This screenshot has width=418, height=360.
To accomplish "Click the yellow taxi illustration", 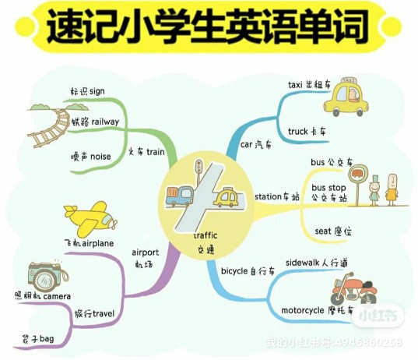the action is [346, 97].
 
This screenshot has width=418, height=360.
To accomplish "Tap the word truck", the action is [298, 132].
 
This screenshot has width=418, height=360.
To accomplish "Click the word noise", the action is [100, 157].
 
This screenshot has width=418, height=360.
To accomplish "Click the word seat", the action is [322, 231].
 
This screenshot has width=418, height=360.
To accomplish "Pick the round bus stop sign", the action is [358, 174].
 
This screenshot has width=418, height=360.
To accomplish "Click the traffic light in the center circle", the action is [198, 166].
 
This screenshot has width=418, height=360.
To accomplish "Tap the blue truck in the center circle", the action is [179, 196].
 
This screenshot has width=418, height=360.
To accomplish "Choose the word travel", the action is [103, 313].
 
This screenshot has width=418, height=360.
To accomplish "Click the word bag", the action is [47, 339].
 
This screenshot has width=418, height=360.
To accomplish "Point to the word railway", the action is [105, 122].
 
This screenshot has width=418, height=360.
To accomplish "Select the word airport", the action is [146, 252].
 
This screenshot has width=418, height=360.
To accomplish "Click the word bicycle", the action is [234, 271].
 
